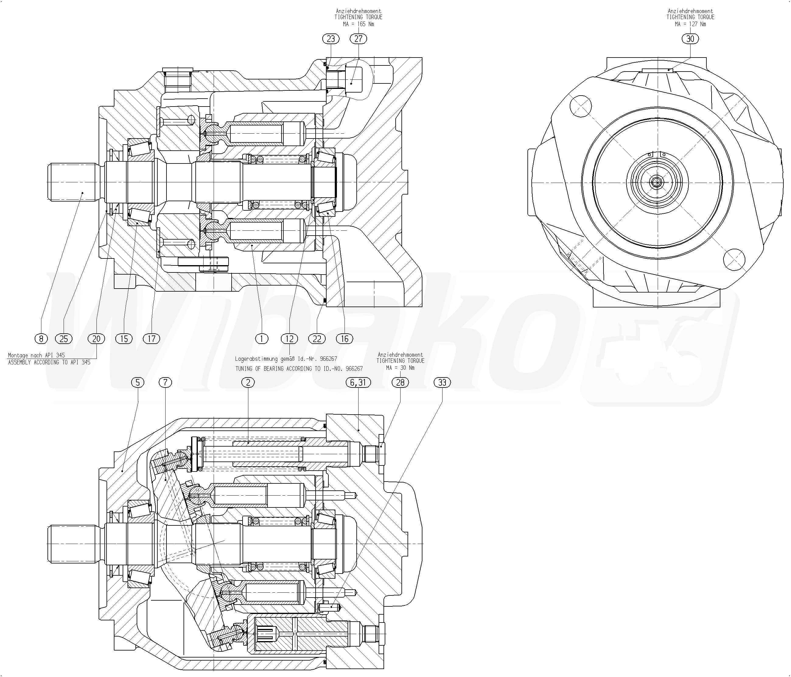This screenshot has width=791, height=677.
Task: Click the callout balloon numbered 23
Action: click(x=331, y=39)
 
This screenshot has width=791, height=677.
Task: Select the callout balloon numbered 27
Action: click(x=358, y=39)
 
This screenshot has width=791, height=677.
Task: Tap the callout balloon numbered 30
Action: click(x=690, y=39)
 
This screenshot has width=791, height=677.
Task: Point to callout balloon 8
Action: click(x=41, y=338)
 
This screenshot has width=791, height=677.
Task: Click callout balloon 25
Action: click(x=64, y=338)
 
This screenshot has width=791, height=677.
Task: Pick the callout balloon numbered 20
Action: click(x=96, y=338)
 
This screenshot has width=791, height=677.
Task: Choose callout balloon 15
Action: click(x=124, y=338)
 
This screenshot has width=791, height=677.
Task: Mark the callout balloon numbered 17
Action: click(x=152, y=338)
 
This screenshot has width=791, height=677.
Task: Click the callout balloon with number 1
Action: click(x=261, y=338)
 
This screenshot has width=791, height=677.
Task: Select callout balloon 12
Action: click(x=289, y=338)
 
